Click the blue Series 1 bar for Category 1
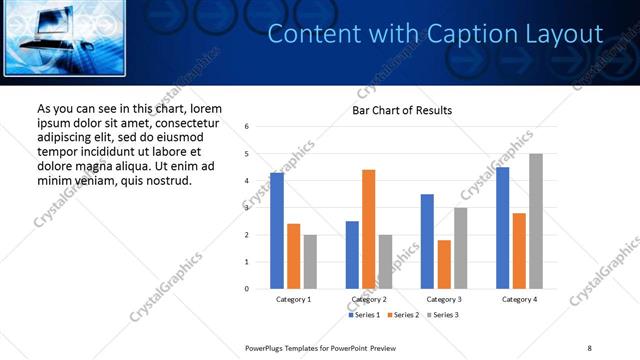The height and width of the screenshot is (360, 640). coord(277,231)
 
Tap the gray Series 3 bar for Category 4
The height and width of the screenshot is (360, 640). coord(535,221)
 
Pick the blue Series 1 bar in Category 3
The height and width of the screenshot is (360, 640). coord(427,241)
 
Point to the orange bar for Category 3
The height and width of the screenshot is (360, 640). coord(444,264)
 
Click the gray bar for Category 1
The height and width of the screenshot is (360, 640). coord(310,261)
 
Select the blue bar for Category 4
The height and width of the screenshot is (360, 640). coord(502,228)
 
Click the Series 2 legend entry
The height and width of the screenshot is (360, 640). coord(402,315)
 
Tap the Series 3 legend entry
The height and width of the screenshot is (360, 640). coord(441,315)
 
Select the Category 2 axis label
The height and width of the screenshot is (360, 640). coord(369,300)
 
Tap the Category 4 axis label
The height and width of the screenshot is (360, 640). coord(519,300)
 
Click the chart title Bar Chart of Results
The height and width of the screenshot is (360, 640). coord(402,110)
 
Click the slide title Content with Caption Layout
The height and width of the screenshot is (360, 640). coord(436,35)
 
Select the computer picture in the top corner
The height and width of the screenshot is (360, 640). coord(66,38)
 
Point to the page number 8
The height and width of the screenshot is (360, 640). coord(590,347)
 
